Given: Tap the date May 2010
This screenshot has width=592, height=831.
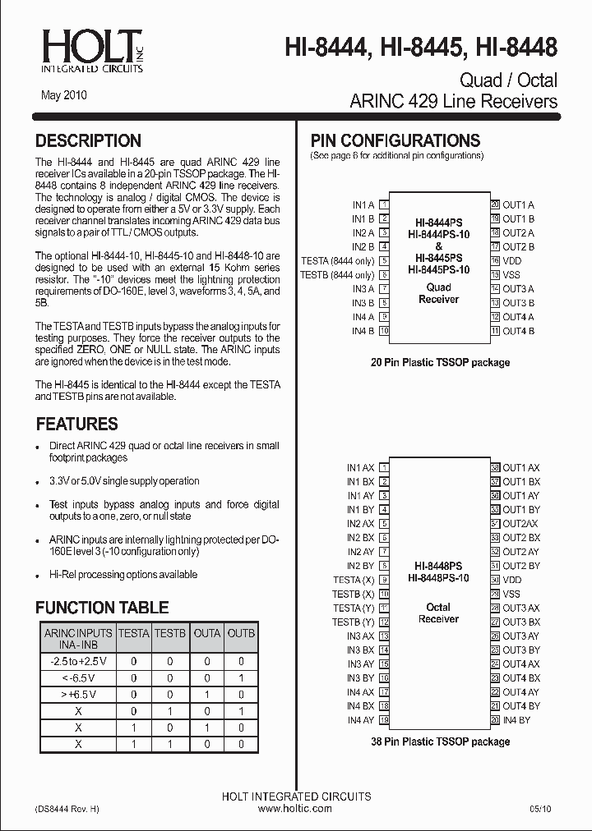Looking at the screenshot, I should pos(64,95).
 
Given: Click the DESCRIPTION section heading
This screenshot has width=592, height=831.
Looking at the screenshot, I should pos(89,140).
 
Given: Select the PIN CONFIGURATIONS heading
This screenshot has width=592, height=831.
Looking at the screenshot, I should pos(395,140).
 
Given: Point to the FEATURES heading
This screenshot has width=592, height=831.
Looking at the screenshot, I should pos(77,424).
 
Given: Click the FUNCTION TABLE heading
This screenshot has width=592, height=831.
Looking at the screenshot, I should pos(102,608).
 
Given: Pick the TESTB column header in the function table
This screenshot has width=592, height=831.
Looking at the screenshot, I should pos(170,633).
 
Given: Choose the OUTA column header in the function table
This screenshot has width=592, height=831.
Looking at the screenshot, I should pos(206,633).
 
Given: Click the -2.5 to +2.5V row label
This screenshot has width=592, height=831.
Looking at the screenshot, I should pos(78,661).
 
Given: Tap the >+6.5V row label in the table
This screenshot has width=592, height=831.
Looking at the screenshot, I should pos(78,695).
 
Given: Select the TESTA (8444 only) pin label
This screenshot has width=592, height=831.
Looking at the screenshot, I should pos(338,261).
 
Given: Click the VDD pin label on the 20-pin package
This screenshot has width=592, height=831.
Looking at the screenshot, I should pos(512,261).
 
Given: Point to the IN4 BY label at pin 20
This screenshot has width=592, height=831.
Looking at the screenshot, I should pos(517,720).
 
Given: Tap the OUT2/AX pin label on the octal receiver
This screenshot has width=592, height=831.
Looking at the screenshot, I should pos(520,524).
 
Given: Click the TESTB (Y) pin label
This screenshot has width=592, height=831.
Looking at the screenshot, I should pos(354,622).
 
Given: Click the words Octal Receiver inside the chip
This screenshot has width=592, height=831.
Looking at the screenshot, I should pos(438,613).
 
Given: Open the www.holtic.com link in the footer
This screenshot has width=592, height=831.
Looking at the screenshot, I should pos(295,809).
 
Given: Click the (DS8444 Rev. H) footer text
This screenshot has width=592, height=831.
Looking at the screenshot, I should pos(67,809).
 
